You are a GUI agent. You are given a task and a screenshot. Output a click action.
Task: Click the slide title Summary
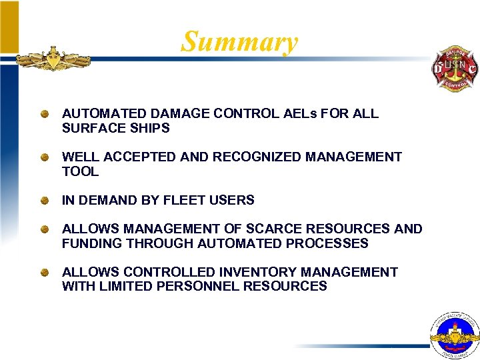(239, 41)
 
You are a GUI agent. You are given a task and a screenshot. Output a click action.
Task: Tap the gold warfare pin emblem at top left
(53, 59)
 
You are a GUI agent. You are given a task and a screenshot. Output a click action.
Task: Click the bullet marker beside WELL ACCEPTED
(43, 157)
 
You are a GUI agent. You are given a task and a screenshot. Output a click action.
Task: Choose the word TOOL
(80, 171)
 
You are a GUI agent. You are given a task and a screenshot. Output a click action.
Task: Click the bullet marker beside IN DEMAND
(43, 200)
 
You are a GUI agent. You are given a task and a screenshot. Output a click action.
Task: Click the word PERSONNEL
(199, 286)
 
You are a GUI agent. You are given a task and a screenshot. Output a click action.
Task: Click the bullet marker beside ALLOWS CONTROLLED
(43, 272)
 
